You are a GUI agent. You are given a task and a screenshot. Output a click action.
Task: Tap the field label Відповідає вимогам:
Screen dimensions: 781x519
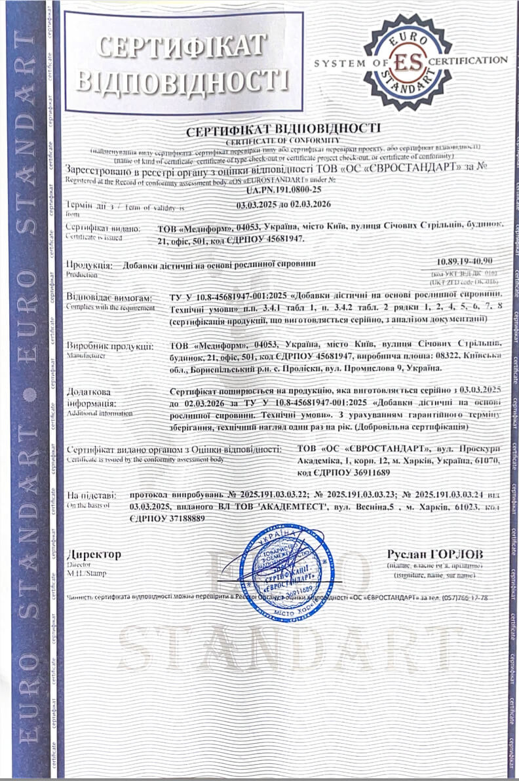(109, 297)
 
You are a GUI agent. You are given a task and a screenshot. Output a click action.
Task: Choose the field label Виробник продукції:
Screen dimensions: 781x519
(109, 346)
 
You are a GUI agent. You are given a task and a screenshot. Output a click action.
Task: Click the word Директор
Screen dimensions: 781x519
(94, 554)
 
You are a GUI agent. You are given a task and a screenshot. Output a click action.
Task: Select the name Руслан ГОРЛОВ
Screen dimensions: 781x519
(435, 554)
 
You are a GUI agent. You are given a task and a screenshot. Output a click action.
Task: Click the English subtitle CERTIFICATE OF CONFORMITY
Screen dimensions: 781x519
(284, 139)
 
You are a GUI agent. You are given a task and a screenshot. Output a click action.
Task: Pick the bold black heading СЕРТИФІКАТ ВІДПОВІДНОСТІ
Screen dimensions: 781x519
(284, 128)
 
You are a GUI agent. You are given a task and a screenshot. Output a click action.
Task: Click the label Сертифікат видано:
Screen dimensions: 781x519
(103, 228)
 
